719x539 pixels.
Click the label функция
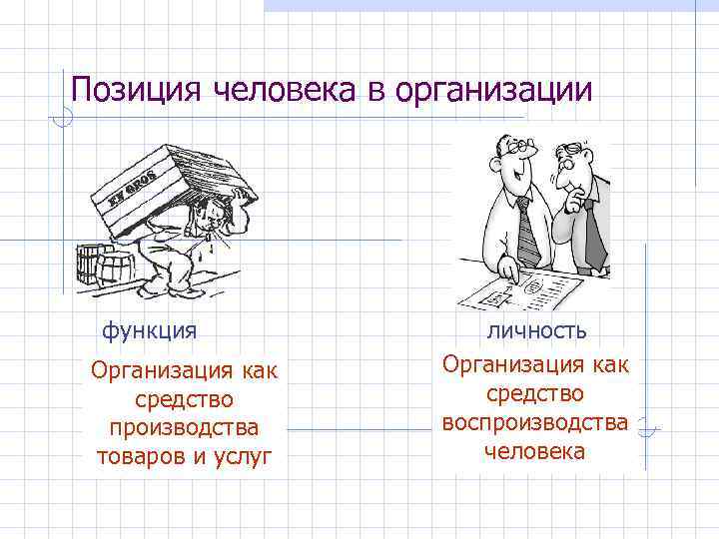148,329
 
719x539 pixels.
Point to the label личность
536,329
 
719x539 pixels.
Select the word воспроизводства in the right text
536,422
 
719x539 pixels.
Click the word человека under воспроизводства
536,451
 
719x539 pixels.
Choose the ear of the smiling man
496,165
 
